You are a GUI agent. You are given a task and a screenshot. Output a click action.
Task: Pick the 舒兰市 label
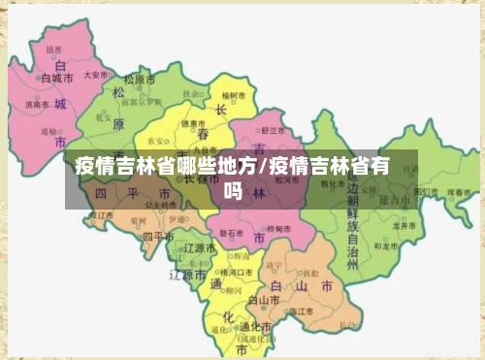click(x=274, y=130)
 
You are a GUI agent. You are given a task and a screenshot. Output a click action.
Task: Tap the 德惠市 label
click(x=192, y=122)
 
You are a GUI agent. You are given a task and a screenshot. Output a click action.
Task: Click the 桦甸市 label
click(x=278, y=228)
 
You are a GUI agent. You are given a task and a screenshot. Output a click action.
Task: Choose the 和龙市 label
click(x=385, y=246)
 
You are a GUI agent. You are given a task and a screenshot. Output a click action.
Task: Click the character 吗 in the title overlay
click(x=233, y=192)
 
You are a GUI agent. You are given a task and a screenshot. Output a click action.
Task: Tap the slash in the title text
click(x=263, y=167)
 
